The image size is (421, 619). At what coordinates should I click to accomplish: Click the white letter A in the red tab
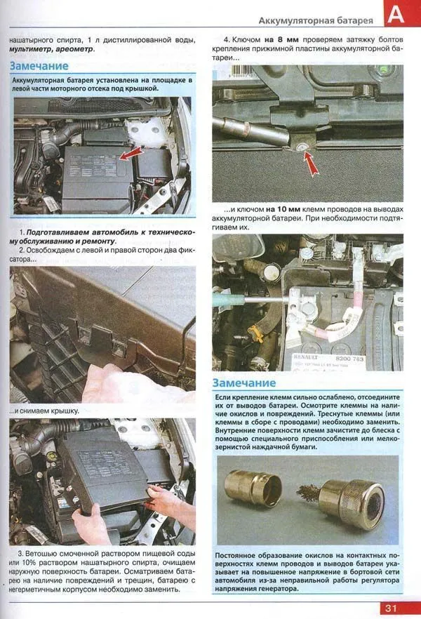[397, 15]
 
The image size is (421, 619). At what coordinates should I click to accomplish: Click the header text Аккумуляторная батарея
[316, 21]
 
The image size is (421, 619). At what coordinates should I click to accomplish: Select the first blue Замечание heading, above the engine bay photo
[39, 66]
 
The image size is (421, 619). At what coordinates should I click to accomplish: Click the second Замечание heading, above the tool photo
[244, 383]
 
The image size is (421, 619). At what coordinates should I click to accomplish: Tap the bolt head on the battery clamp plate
[300, 147]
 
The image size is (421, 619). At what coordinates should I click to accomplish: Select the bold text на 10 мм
[283, 209]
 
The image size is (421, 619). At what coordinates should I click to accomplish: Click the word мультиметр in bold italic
[31, 49]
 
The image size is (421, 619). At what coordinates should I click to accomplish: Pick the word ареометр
[74, 49]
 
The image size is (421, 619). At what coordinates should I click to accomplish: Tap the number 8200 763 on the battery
[349, 359]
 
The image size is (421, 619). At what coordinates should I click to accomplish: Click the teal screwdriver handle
[227, 299]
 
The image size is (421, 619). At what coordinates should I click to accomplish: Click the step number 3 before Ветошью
[21, 554]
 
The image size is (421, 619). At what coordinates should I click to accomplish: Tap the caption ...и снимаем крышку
[44, 411]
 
